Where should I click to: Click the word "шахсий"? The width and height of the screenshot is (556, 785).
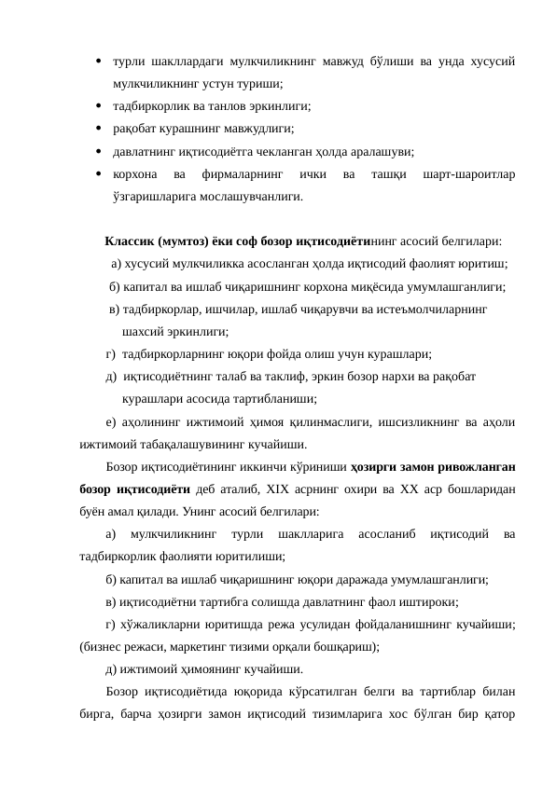click(x=141, y=331)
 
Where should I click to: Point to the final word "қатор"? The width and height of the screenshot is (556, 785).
click(x=499, y=712)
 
